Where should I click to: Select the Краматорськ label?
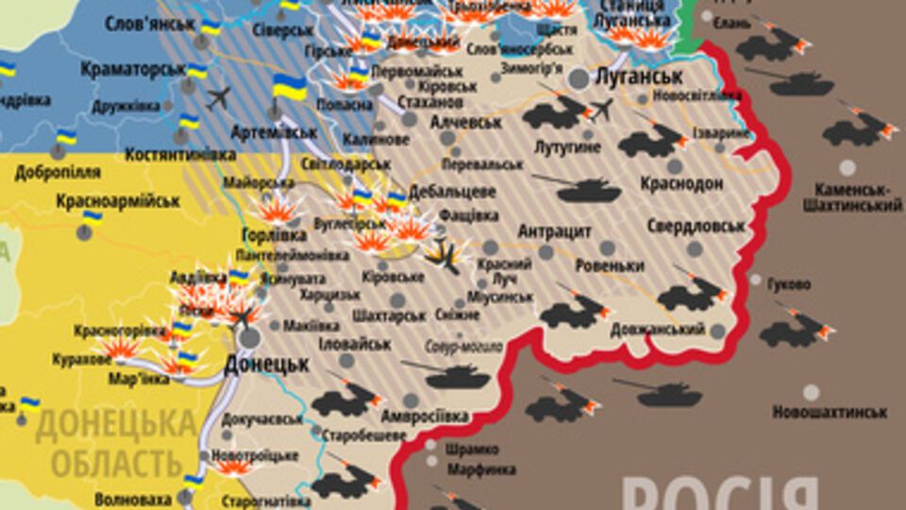(131, 69)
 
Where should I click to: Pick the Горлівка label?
(275, 233)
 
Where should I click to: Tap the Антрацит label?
(554, 230)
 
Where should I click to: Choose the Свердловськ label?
(696, 226)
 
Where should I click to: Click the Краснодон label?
(681, 183)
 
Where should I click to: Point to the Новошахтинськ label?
(830, 412)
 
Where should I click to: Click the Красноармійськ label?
(118, 200)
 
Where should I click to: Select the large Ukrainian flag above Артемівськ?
(290, 88)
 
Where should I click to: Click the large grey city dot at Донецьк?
(250, 337)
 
